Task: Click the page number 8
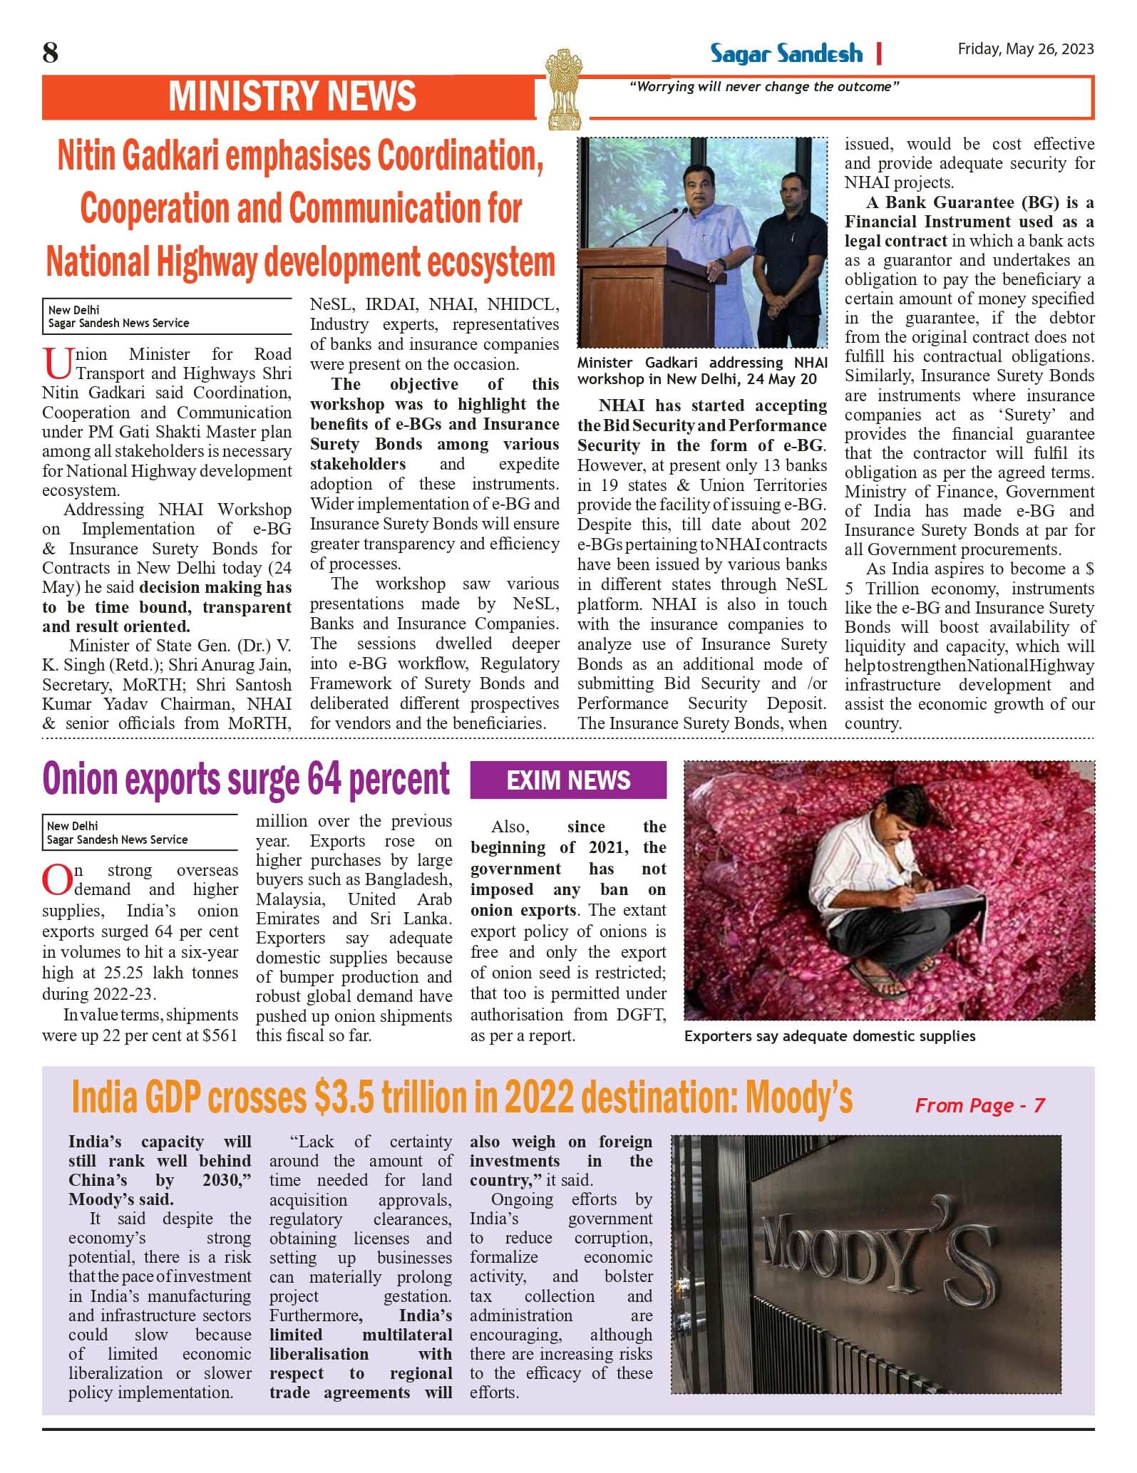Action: point(50,53)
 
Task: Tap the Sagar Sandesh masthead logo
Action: point(786,53)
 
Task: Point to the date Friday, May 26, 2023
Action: point(1025,48)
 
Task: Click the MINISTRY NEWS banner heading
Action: point(292,96)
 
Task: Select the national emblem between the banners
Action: point(563,88)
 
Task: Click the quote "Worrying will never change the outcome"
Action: point(764,87)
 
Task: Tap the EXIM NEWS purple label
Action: point(568,780)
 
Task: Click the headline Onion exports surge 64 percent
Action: point(246,779)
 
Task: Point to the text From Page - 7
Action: point(979,1105)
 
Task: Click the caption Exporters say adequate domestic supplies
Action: point(829,1036)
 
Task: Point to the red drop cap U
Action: point(57,363)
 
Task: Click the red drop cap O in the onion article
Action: point(56,880)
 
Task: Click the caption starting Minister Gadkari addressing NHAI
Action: point(701,371)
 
